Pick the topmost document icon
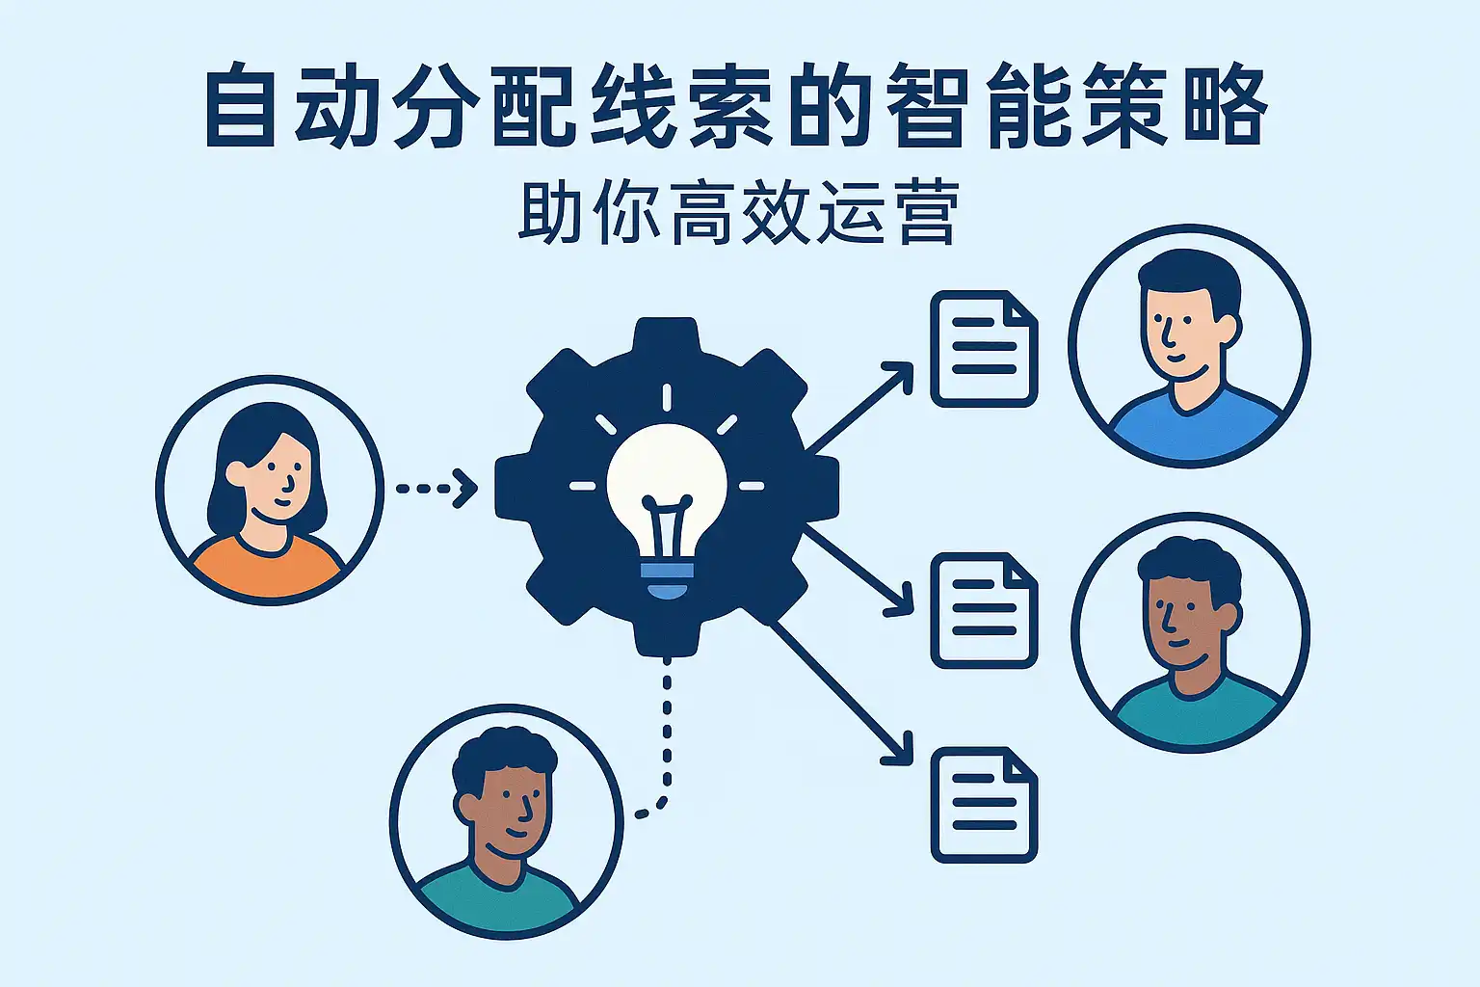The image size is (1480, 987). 983,348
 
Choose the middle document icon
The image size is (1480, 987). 983,610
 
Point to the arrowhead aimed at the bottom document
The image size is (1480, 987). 900,753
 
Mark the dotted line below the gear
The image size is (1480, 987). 666,733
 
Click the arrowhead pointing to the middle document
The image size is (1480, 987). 900,602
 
